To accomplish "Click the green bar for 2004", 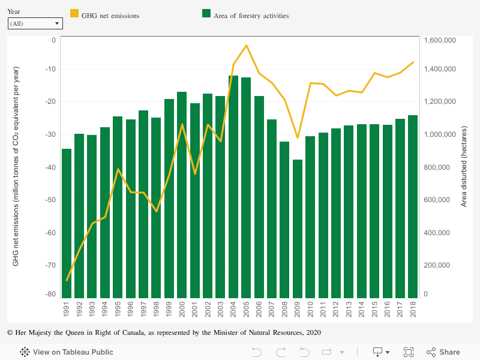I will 233,186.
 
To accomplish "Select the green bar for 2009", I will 298,228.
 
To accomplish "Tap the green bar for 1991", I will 67,222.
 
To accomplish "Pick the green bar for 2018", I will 413,206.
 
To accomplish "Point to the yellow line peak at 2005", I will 246,46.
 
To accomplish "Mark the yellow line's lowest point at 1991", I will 67,280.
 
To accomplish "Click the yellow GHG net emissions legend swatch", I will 75,13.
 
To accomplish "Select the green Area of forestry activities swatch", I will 206,13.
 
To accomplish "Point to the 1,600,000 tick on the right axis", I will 440,40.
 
